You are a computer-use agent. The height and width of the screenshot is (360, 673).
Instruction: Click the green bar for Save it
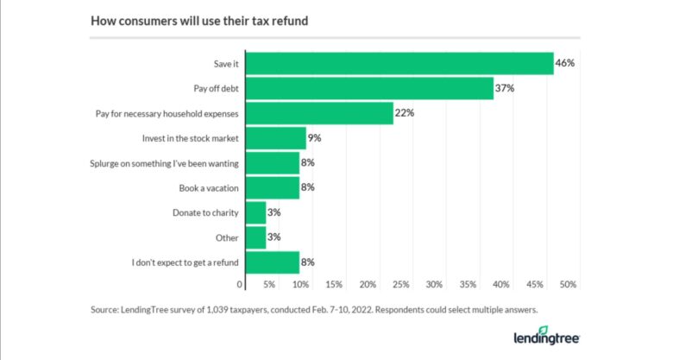pyautogui.click(x=399, y=64)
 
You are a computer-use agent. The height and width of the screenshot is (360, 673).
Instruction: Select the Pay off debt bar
pyautogui.click(x=369, y=88)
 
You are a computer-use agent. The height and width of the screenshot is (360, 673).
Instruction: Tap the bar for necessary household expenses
pyautogui.click(x=319, y=113)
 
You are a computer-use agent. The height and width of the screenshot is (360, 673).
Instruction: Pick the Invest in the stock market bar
pyautogui.click(x=276, y=138)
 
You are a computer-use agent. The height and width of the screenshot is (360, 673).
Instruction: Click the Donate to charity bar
pyautogui.click(x=256, y=212)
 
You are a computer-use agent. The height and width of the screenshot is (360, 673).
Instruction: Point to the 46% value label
pyautogui.click(x=565, y=64)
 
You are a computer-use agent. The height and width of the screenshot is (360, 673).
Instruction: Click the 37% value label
pyautogui.click(x=505, y=88)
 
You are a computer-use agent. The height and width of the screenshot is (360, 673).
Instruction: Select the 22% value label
pyautogui.click(x=406, y=113)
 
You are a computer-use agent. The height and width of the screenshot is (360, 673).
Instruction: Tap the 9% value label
pyautogui.click(x=316, y=138)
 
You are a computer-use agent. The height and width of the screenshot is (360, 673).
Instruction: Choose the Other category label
pyautogui.click(x=228, y=237)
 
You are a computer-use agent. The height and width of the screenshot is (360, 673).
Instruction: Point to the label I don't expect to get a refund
pyautogui.click(x=186, y=262)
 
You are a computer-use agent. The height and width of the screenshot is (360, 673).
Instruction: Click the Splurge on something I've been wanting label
pyautogui.click(x=165, y=163)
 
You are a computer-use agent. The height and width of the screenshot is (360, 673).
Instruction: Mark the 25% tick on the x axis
pyautogui.click(x=401, y=284)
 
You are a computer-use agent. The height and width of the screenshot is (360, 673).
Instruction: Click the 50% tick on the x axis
pyautogui.click(x=568, y=284)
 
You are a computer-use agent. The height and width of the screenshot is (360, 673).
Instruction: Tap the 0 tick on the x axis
pyautogui.click(x=240, y=284)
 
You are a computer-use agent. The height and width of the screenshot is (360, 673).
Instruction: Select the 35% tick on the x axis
pyautogui.click(x=468, y=284)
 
